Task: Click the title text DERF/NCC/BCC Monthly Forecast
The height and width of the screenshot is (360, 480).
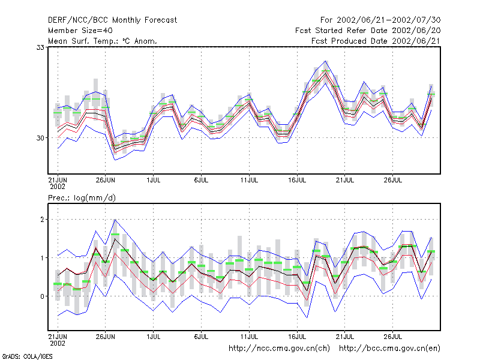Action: (112, 20)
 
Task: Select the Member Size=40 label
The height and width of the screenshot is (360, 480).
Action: (80, 31)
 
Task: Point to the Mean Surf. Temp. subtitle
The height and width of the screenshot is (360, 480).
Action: (84, 41)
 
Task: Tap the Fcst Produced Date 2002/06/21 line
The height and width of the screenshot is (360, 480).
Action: (376, 41)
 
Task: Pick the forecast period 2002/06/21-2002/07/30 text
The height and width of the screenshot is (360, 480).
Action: (389, 20)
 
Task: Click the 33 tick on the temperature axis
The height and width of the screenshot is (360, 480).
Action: (40, 47)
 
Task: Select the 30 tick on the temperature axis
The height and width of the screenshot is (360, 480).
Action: (40, 138)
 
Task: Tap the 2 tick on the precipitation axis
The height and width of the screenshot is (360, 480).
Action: (42, 220)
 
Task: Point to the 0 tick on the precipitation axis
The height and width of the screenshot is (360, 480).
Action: (42, 296)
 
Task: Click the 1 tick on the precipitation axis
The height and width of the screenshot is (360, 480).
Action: (42, 258)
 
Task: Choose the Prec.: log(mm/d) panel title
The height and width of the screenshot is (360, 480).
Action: (82, 198)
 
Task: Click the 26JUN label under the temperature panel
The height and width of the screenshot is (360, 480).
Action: (106, 180)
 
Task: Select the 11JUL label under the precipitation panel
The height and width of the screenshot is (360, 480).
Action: (249, 337)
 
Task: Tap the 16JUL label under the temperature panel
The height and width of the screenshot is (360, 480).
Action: (297, 180)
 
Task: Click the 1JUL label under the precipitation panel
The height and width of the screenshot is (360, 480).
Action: (154, 337)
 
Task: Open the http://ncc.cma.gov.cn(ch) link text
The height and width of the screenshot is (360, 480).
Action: (279, 349)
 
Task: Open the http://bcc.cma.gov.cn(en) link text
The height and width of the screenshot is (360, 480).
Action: (389, 349)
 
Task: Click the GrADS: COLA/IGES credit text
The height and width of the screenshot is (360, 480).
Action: (27, 356)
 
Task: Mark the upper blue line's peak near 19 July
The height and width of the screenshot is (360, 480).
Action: (326, 61)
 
